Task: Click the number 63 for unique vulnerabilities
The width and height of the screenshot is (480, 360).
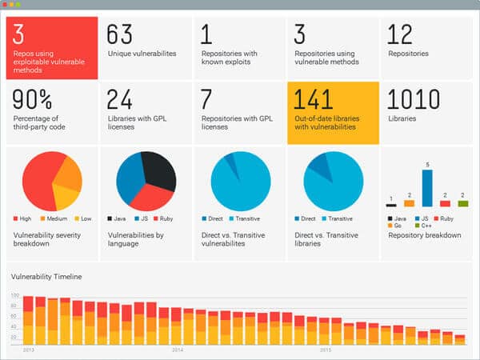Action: tap(119, 34)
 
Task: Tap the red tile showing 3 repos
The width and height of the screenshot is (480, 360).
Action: tap(51, 48)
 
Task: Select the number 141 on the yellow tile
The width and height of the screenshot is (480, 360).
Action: tap(313, 99)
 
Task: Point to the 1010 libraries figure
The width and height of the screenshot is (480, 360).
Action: tap(414, 99)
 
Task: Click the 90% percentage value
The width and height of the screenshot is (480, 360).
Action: tap(33, 100)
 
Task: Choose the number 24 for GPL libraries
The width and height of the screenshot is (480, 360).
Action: tap(120, 99)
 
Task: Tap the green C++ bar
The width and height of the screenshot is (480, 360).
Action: tap(462, 204)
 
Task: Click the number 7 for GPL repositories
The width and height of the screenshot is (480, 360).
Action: tap(206, 99)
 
